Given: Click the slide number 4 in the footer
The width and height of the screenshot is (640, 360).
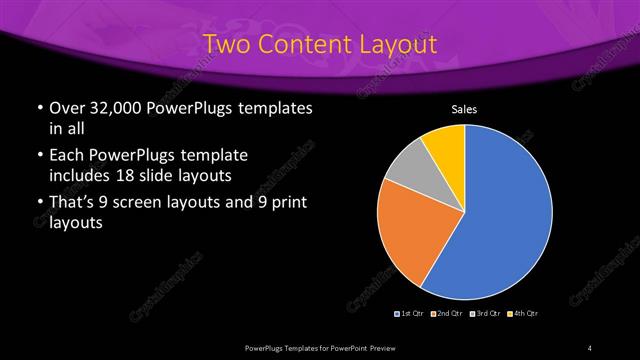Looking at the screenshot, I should pos(590,347).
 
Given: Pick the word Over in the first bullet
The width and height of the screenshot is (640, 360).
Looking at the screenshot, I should pos(67,108).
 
